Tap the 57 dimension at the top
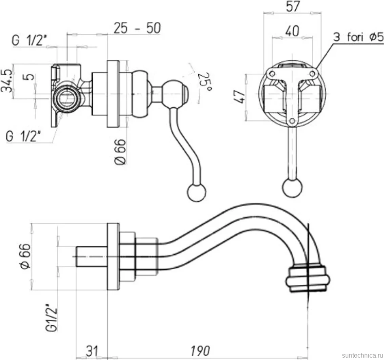pos(293,6)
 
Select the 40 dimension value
pos(293,31)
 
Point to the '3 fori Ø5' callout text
pos(358,37)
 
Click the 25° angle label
pos(205,82)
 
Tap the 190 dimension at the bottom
pos(200,350)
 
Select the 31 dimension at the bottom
pos(92,350)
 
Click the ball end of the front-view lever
pos(292,188)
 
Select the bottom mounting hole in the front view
pos(292,121)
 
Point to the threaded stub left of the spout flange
pos(92,256)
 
